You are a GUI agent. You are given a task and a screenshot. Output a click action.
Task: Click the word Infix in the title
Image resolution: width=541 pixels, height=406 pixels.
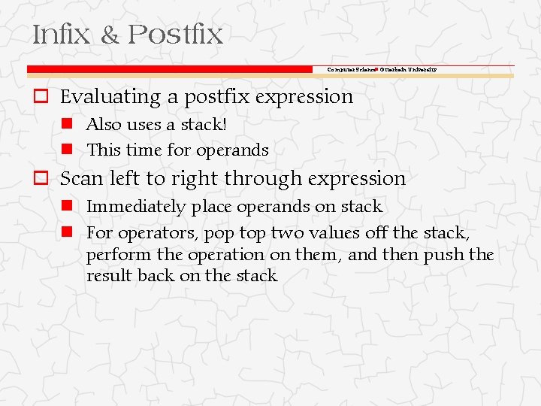(x=60, y=35)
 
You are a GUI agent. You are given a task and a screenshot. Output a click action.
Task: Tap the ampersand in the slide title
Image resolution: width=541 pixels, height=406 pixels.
(x=110, y=35)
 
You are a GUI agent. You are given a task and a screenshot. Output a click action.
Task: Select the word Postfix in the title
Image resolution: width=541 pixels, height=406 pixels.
(x=175, y=35)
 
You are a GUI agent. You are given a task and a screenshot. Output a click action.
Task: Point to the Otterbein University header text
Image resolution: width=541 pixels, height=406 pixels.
(x=408, y=69)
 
